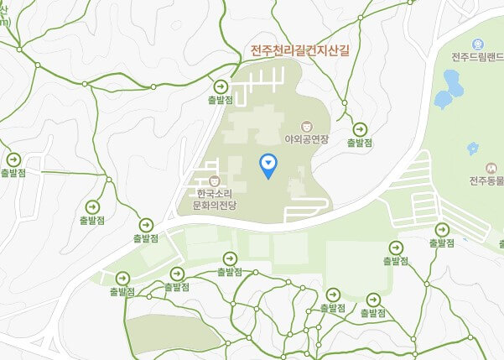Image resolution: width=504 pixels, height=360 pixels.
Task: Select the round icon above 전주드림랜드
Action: tap(478, 43)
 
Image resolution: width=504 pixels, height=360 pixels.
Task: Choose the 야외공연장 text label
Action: tap(306, 139)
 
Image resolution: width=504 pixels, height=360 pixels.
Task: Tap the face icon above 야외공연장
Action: tap(306, 126)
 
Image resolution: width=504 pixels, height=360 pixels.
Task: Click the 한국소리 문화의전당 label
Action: tap(216, 198)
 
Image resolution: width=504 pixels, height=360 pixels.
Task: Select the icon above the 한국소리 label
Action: tap(216, 180)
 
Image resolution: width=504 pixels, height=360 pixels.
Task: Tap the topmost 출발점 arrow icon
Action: tap(221, 86)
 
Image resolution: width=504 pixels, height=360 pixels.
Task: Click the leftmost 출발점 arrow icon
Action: tap(13, 159)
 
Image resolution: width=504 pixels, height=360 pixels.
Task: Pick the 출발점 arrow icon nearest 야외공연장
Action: tap(360, 129)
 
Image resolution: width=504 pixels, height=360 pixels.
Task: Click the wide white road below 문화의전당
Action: tap(252, 227)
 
